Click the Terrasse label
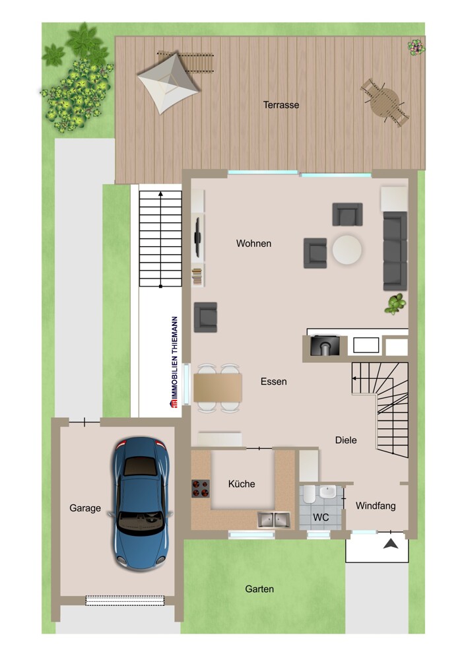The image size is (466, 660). [x=281, y=105]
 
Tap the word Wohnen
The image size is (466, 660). [x=253, y=244]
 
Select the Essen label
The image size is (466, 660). [x=273, y=381]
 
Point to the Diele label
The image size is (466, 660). [x=346, y=440]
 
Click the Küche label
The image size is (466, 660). [x=242, y=484]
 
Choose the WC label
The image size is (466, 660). [x=321, y=517]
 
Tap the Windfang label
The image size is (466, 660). [x=376, y=506]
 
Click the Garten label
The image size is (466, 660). [x=259, y=589]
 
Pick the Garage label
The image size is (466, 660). [x=85, y=508]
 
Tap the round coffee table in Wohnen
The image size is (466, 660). [x=347, y=250]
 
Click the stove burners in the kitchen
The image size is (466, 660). [x=201, y=489]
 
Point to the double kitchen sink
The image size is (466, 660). [x=274, y=519]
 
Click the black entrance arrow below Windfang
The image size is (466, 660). [x=391, y=544]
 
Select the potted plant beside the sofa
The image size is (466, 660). [x=395, y=304]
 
